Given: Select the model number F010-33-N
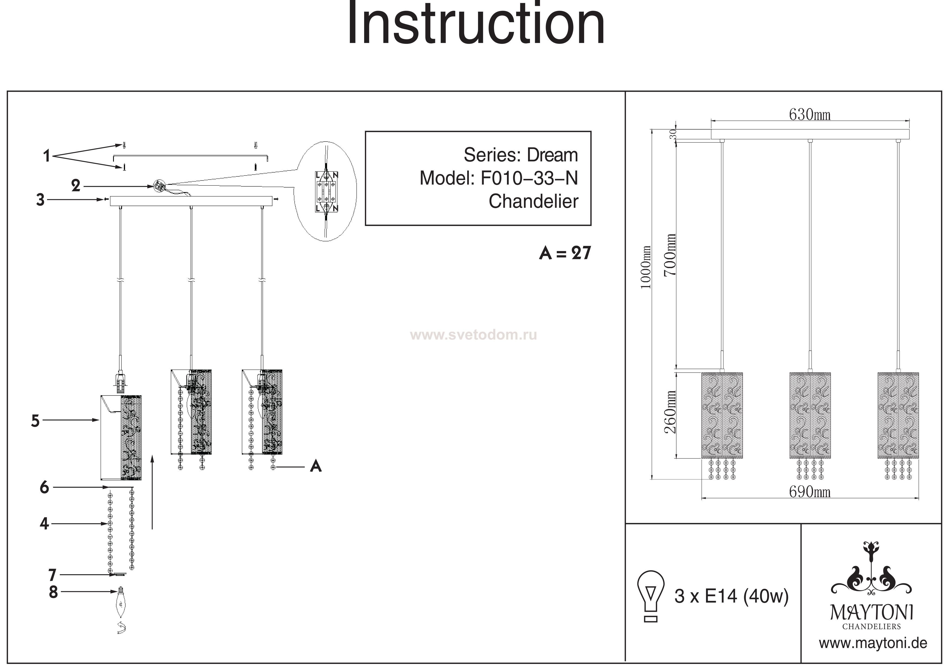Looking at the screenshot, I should (x=529, y=178).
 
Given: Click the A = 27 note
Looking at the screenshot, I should (x=565, y=253).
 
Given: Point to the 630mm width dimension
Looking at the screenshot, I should (x=809, y=114).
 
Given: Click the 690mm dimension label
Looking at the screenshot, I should (x=809, y=492).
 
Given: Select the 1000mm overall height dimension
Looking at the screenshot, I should (x=646, y=267).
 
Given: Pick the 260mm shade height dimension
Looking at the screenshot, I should (x=670, y=412).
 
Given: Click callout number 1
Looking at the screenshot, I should (x=47, y=156).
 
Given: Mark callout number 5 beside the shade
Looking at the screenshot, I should (x=35, y=421).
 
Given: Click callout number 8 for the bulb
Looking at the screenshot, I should (x=53, y=592).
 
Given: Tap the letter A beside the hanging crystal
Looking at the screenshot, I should (x=316, y=467).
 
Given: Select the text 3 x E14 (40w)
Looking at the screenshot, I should (x=731, y=596).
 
